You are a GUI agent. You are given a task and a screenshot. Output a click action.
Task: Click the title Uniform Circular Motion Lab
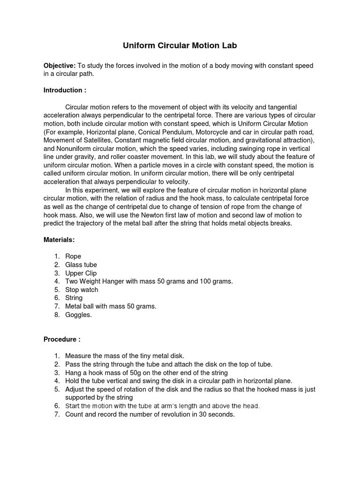pyautogui.click(x=180, y=45)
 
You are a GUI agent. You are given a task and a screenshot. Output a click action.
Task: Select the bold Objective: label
pyautogui.click(x=60, y=66)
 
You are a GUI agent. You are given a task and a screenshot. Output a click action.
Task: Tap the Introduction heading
pyautogui.click(x=65, y=90)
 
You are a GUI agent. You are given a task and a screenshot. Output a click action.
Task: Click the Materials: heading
pyautogui.click(x=60, y=240)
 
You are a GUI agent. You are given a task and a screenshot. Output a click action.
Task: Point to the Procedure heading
pyautogui.click(x=62, y=339)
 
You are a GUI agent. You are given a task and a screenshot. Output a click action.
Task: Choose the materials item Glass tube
pyautogui.click(x=81, y=265)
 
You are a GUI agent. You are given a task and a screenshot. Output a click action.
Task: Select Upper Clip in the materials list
pyautogui.click(x=81, y=273)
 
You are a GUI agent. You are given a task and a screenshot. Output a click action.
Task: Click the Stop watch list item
pyautogui.click(x=82, y=290)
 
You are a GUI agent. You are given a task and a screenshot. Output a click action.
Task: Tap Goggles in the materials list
pyautogui.click(x=79, y=315)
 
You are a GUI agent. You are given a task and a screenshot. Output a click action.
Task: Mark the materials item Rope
pyautogui.click(x=73, y=256)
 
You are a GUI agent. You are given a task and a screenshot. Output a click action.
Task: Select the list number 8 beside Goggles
pyautogui.click(x=56, y=315)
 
